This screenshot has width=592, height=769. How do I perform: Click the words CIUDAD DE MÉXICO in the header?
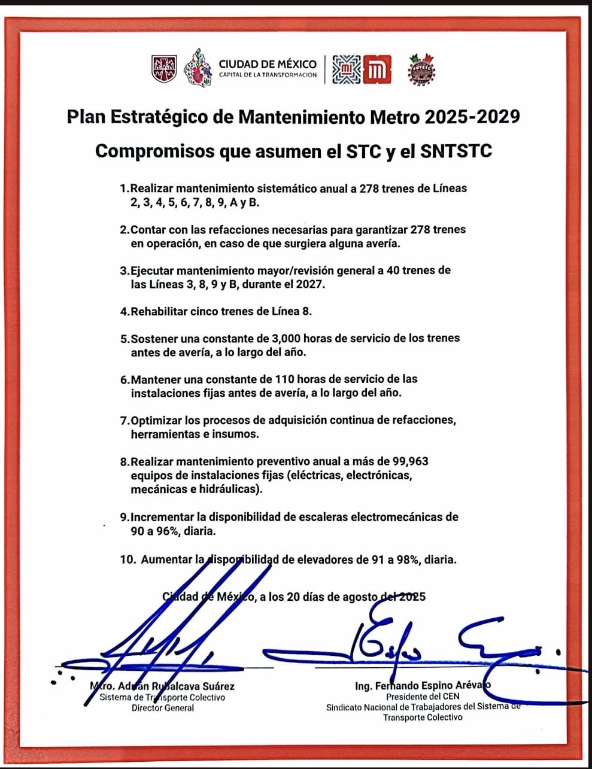point(268,64)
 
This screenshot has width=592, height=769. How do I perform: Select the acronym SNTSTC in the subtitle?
point(456,151)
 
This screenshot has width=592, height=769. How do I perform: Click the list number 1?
point(123,189)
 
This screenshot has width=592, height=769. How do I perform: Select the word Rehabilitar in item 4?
point(161,311)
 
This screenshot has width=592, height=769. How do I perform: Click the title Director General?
point(163,708)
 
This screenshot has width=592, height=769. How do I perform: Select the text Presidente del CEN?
point(423,697)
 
